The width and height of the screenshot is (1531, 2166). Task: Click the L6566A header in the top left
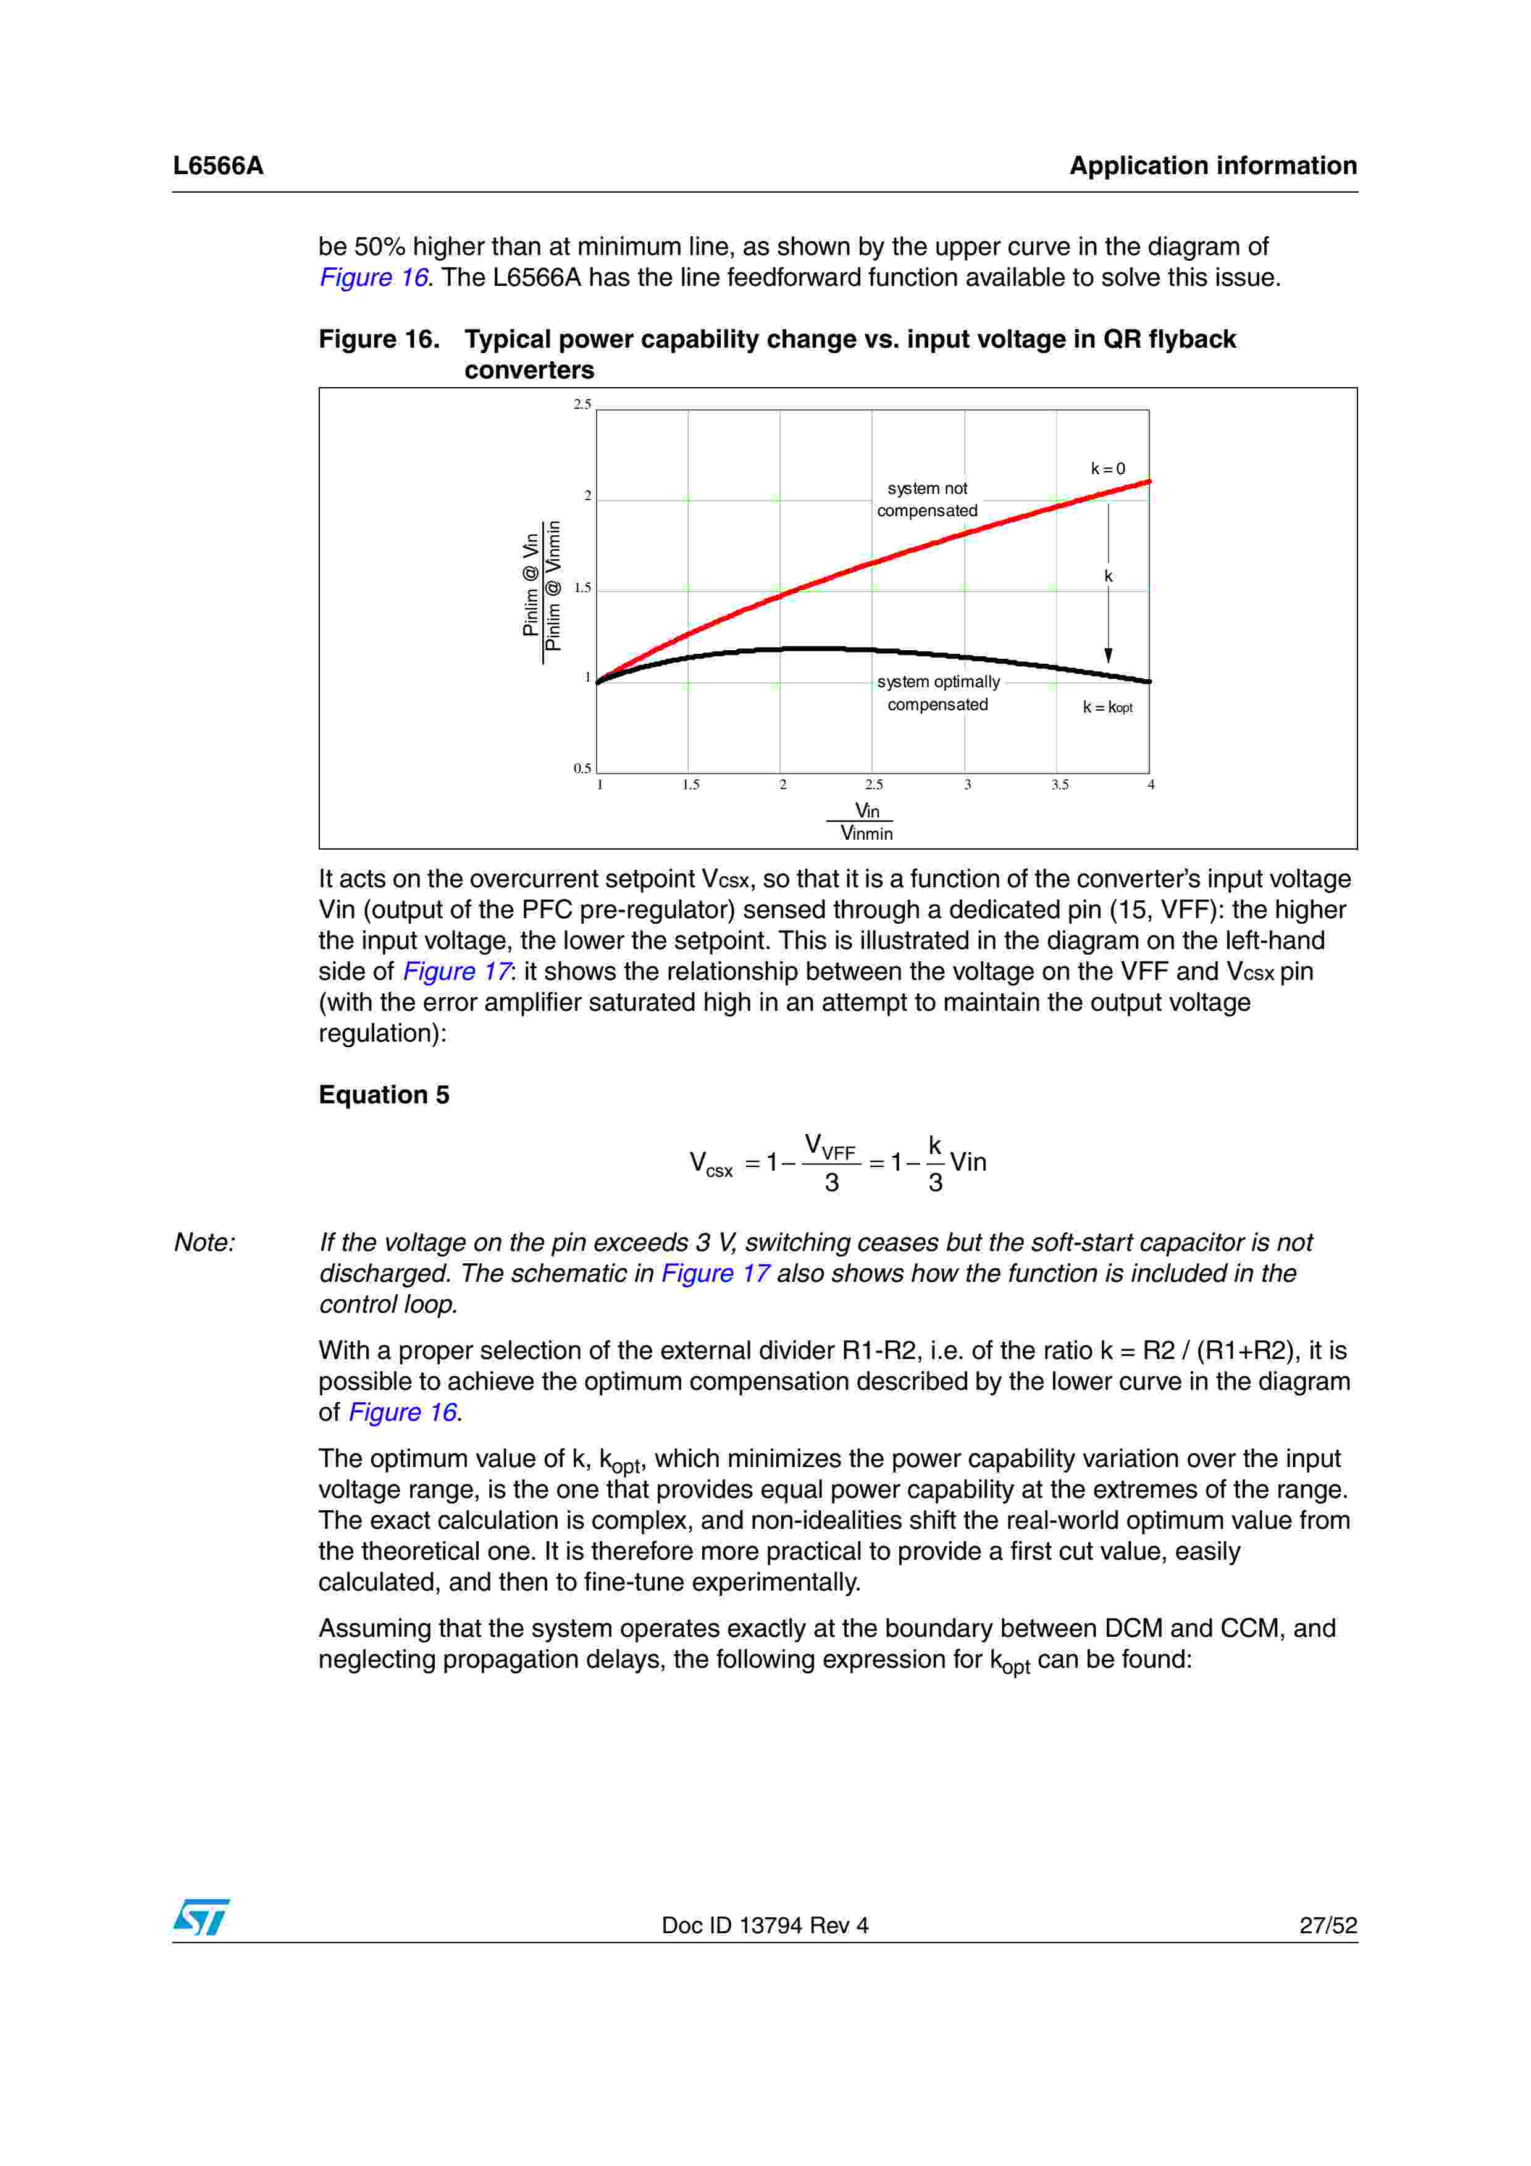point(218,166)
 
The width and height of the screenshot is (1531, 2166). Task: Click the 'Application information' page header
point(1212,166)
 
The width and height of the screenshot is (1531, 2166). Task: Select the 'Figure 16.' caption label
point(379,340)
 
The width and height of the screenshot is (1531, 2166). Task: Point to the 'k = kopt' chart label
point(1107,708)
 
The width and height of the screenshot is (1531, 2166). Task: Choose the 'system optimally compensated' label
point(937,693)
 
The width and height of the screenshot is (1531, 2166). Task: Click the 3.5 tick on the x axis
point(1059,785)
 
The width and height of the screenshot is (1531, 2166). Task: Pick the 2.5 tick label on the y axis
point(582,404)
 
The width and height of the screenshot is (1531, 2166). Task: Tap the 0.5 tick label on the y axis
point(582,769)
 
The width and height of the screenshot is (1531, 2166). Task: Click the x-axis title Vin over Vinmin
point(866,822)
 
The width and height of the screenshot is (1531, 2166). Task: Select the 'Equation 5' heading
point(384,1095)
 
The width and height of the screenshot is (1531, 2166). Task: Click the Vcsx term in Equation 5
point(710,1164)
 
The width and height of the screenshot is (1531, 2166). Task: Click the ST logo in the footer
point(201,1917)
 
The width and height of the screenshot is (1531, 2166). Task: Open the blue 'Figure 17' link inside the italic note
point(715,1274)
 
